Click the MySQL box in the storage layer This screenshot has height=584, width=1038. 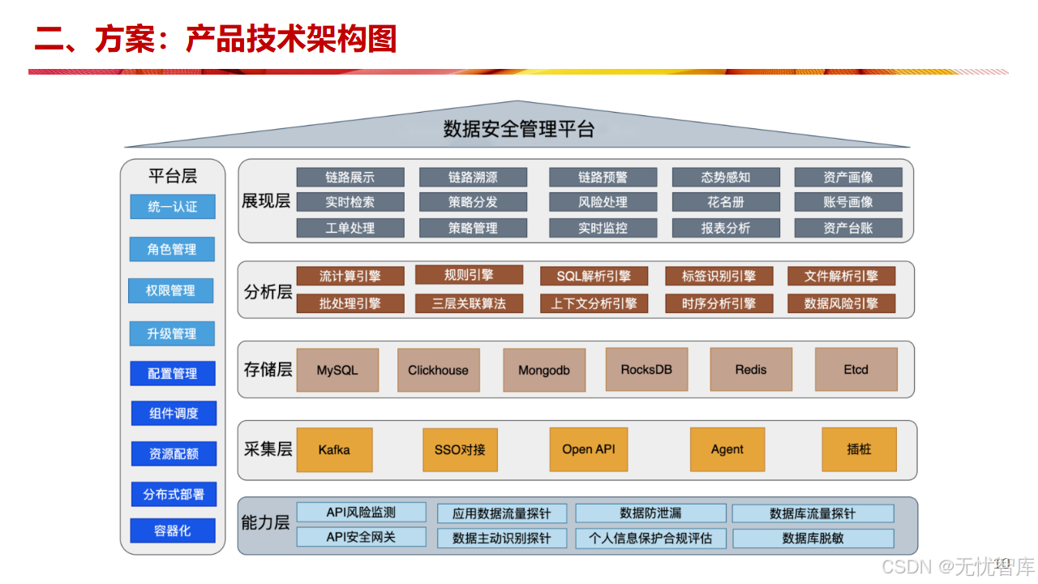[337, 370]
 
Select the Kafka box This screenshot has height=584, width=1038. [334, 449]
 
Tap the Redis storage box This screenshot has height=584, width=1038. [750, 370]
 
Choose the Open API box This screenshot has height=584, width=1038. [589, 449]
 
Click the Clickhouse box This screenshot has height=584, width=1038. [438, 370]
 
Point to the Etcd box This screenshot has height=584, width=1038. [856, 370]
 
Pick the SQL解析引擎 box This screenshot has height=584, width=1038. [594, 277]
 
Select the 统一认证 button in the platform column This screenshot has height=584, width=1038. [173, 207]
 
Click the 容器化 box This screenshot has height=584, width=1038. [173, 530]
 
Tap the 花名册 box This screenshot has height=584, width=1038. [726, 202]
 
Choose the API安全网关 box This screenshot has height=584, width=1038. [361, 537]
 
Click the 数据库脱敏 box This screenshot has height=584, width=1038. [813, 538]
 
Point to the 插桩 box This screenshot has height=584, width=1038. [859, 449]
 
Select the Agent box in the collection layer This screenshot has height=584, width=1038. [727, 449]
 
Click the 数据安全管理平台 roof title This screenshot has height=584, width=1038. [518, 129]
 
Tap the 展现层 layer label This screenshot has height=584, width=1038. [266, 201]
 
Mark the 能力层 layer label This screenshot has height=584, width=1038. [265, 522]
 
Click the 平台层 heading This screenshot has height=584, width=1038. [173, 176]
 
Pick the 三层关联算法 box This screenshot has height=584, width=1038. [469, 303]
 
